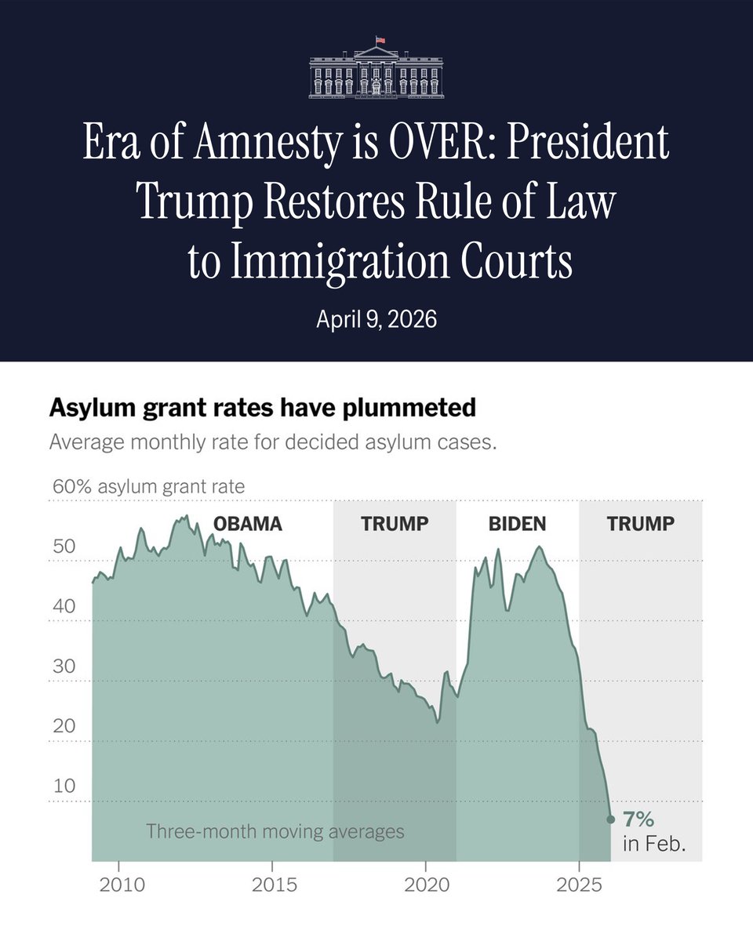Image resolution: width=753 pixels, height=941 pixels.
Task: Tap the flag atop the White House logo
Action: click(380, 39)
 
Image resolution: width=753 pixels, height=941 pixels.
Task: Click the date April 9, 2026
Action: click(376, 320)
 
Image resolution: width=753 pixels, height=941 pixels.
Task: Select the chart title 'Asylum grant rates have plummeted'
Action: click(262, 409)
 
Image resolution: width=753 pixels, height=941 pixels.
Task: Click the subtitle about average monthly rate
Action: click(273, 441)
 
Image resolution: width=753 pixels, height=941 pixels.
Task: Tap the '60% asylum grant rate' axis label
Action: click(148, 486)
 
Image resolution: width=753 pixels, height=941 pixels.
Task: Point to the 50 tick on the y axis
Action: click(64, 546)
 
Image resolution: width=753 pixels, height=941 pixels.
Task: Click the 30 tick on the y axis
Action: click(64, 667)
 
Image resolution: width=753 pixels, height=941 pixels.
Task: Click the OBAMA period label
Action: click(248, 524)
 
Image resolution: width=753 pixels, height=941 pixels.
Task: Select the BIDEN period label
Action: click(517, 524)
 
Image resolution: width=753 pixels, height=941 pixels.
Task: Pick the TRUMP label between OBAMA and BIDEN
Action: click(395, 524)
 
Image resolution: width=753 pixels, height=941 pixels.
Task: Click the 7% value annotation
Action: click(638, 819)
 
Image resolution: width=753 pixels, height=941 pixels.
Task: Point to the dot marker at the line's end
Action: click(611, 819)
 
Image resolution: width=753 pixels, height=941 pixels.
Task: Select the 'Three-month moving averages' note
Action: click(275, 831)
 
